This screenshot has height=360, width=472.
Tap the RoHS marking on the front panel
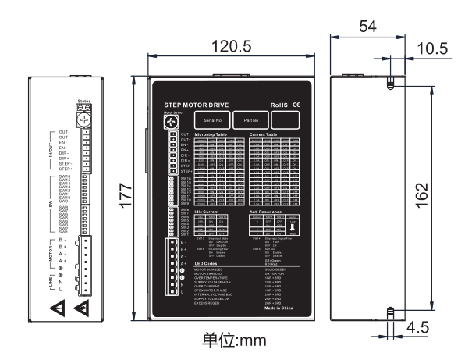[x=280, y=104]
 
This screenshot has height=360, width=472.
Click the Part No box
[x=250, y=121]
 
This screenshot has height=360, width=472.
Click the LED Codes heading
[x=204, y=266]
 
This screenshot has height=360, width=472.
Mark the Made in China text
[x=278, y=311]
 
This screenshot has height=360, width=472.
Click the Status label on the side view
[x=85, y=102]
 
